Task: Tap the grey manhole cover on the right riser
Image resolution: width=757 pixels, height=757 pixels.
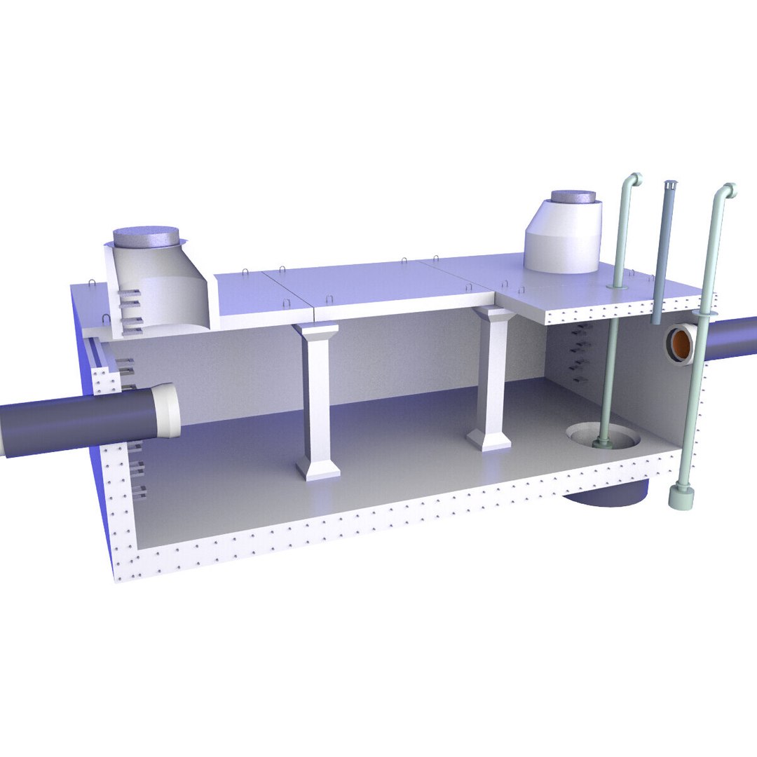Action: (573, 198)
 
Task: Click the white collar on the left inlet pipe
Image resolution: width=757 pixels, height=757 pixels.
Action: (166, 410)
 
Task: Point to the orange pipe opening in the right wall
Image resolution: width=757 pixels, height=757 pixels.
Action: (681, 343)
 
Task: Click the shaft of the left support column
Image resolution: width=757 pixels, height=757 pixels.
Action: (318, 400)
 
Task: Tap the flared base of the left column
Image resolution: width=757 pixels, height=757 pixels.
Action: (318, 468)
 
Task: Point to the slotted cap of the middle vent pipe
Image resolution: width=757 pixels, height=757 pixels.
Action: (670, 186)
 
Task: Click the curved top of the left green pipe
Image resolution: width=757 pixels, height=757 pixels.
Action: (633, 179)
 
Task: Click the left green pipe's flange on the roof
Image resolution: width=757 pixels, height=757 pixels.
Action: (617, 286)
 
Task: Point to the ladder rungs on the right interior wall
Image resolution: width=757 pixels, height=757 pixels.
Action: (580, 354)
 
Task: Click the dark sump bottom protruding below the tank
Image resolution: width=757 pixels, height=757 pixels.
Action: (606, 496)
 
